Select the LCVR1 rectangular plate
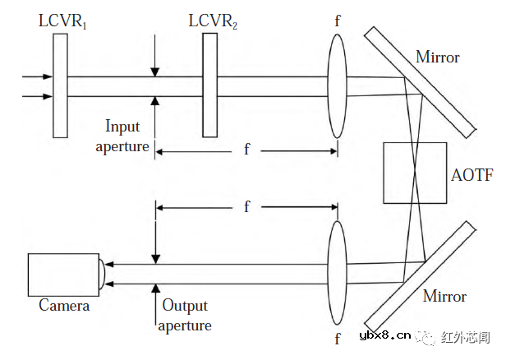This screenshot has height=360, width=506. click(x=60, y=85)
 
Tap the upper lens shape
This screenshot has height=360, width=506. click(x=337, y=85)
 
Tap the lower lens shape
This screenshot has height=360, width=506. click(x=337, y=274)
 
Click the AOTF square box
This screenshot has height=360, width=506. click(x=415, y=173)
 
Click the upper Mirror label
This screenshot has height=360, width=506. click(x=438, y=58)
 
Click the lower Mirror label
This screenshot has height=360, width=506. click(x=444, y=296)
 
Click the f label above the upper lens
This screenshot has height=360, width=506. click(x=338, y=21)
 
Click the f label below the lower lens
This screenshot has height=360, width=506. click(x=338, y=339)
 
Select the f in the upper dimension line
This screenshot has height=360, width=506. click(x=246, y=149)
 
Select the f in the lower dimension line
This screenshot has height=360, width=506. click(x=246, y=206)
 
